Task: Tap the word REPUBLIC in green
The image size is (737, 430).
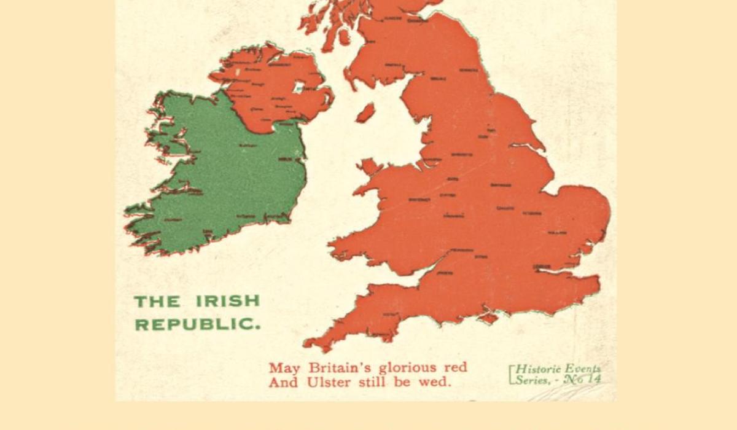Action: tap(197, 324)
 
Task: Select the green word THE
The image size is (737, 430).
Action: tap(157, 302)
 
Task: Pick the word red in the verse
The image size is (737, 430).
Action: tap(455, 367)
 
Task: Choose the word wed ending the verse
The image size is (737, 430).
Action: tap(439, 381)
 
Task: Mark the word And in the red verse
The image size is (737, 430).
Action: tap(283, 382)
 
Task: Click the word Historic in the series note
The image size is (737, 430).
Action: tap(538, 369)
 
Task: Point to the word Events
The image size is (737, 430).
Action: tap(583, 369)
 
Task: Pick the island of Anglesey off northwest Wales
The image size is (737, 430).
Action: tap(369, 166)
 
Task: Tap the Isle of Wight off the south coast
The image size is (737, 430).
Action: tap(489, 318)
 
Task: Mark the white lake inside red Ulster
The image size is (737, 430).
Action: tap(299, 88)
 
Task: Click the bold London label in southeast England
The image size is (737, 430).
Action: tap(542, 266)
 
